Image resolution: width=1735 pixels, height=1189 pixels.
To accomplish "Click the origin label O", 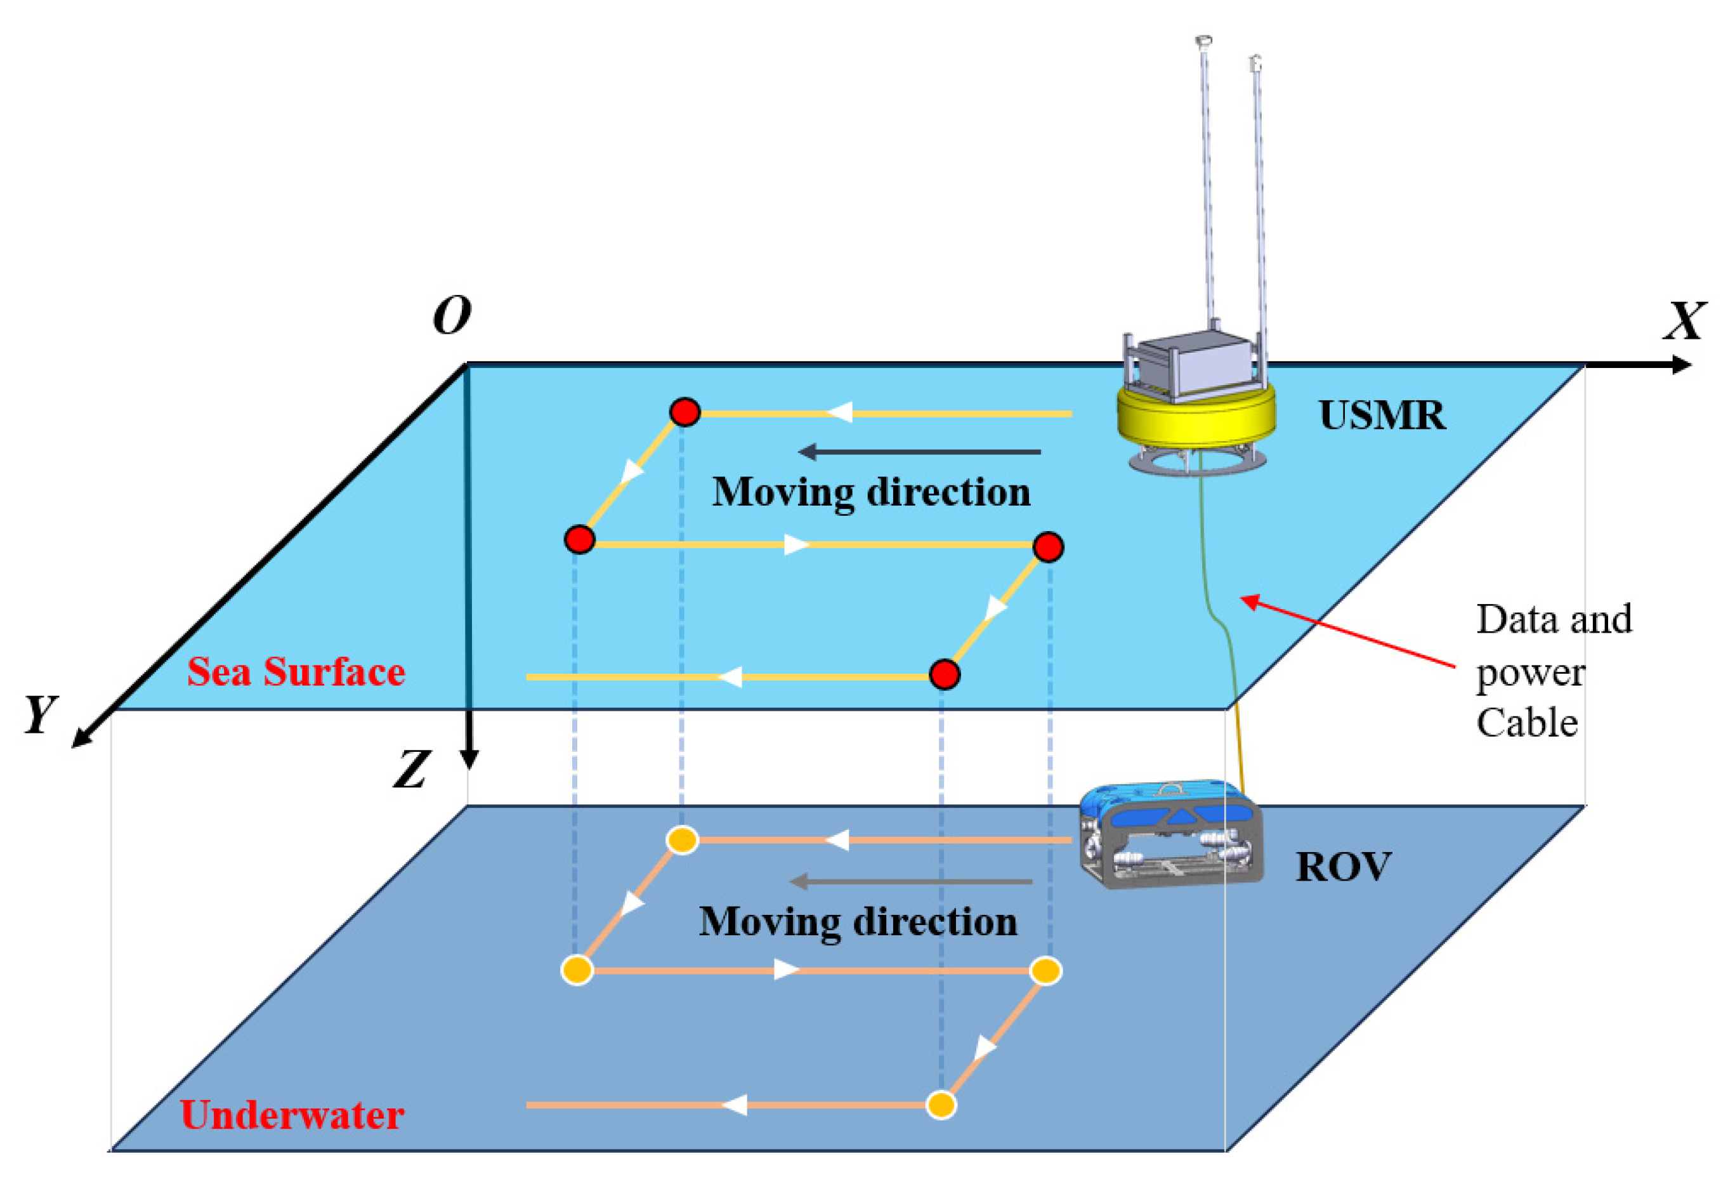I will click(452, 315).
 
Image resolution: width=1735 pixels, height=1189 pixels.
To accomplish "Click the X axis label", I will click(1684, 321).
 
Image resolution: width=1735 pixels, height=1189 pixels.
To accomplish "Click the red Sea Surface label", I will click(296, 671).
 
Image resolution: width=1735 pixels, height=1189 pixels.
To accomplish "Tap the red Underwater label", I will click(292, 1115).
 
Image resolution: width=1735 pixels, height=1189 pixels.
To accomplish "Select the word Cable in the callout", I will click(1527, 723).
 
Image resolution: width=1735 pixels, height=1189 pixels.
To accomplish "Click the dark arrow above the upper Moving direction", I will click(919, 452).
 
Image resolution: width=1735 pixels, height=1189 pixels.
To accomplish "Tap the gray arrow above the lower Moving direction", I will click(911, 881).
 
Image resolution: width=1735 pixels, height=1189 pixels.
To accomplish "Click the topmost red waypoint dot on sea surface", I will click(684, 412).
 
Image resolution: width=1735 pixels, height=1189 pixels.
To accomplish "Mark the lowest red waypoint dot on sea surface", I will click(945, 675).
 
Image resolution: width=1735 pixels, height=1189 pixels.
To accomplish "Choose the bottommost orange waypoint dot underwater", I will click(941, 1105).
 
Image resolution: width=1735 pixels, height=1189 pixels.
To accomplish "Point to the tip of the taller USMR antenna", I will click(1203, 41).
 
